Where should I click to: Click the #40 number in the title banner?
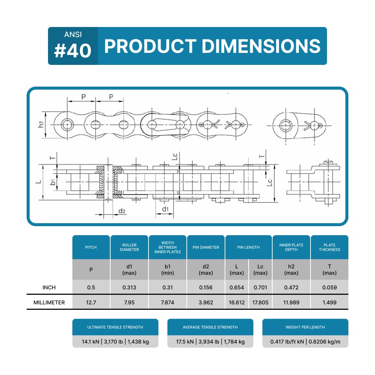[x=73, y=51]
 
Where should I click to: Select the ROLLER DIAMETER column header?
[x=129, y=247]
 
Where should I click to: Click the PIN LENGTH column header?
[x=248, y=247]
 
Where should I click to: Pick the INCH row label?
[x=49, y=288]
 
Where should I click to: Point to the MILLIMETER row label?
[x=49, y=303]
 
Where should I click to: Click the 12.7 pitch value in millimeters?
[x=91, y=303]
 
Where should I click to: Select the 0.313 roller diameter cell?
[x=129, y=288]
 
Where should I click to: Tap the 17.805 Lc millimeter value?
[x=260, y=303]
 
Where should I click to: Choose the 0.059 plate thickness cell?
[x=329, y=288]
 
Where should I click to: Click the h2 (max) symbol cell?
[x=291, y=270]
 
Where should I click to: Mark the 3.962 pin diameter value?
[x=205, y=303]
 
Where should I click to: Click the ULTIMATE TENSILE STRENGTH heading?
[x=115, y=327]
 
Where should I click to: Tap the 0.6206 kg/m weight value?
[x=324, y=342]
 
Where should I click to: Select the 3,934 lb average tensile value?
[x=208, y=342]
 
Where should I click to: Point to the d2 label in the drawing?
[x=122, y=211]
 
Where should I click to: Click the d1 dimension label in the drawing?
[x=165, y=209]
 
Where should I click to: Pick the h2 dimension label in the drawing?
[x=41, y=124]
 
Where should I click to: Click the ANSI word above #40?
[x=73, y=34]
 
